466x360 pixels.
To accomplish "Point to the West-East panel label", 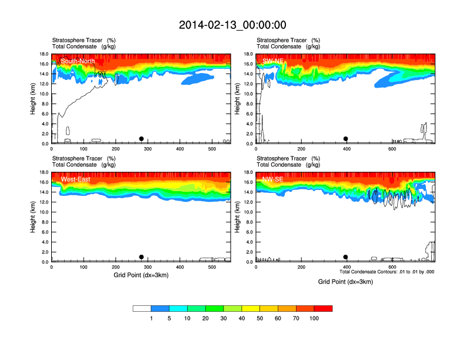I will pyautogui.click(x=75, y=179).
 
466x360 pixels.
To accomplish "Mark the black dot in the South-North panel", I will pyautogui.click(x=141, y=139).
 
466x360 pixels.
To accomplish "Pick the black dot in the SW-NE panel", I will pyautogui.click(x=345, y=139).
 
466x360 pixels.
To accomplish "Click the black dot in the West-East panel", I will pyautogui.click(x=141, y=257).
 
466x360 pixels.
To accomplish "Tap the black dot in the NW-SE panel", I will pyautogui.click(x=345, y=257).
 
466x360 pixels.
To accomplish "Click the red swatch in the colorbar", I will pyautogui.click(x=323, y=308).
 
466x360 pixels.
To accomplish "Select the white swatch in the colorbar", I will pyautogui.click(x=142, y=308).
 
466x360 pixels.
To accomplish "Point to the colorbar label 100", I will pyautogui.click(x=314, y=318).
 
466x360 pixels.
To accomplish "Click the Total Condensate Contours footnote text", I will pyautogui.click(x=387, y=272).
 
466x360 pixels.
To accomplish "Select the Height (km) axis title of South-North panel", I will pyautogui.click(x=34, y=99).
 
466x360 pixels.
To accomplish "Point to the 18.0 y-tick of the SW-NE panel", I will pyautogui.click(x=248, y=54).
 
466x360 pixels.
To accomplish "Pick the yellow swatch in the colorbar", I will pyautogui.click(x=251, y=308).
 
